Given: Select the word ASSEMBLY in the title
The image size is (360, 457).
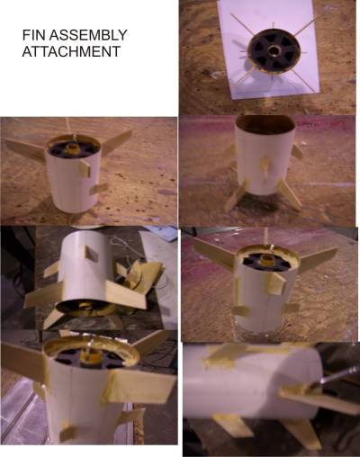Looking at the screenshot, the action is coord(88,35).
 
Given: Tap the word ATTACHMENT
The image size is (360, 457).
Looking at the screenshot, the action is coord(71,51).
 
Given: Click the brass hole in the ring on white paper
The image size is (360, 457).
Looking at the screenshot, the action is coord(274,50).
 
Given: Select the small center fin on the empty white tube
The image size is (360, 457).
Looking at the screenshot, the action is coord(265,169).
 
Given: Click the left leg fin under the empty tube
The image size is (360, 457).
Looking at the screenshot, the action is coord(237,195).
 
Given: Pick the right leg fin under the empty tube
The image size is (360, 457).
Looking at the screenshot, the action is coord(289,195).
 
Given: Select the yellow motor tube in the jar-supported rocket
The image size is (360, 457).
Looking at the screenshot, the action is coord(265,260).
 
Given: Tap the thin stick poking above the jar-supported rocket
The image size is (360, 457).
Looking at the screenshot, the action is coord(265,236).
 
